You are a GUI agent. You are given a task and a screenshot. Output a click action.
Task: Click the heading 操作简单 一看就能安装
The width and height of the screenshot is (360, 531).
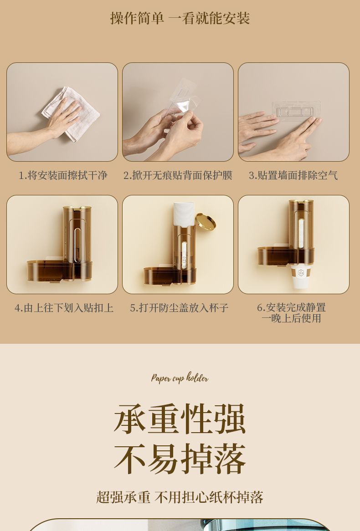(180, 18)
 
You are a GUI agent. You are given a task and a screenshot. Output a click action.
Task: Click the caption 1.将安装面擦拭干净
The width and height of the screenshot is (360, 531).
(63, 175)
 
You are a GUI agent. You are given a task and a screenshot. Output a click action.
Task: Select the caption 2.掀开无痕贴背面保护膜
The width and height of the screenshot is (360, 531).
(178, 175)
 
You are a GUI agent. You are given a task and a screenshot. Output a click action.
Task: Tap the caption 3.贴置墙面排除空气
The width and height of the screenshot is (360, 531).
(293, 175)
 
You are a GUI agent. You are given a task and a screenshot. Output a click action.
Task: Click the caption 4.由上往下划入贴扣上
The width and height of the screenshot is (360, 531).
(64, 308)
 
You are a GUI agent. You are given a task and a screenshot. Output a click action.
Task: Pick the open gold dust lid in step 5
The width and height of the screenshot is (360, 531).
(206, 221)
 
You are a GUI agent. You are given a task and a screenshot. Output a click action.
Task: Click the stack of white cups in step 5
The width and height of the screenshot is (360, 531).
(184, 214)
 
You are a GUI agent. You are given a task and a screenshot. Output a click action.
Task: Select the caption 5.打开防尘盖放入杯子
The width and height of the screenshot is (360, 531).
(180, 308)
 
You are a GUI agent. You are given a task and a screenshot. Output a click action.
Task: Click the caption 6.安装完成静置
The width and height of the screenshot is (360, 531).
(291, 307)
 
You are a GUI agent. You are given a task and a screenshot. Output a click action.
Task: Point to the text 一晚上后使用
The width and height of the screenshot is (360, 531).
(291, 318)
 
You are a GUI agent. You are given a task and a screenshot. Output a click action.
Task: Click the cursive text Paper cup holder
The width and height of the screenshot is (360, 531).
(180, 378)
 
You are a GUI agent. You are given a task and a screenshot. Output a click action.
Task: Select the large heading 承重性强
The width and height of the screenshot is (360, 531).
(180, 419)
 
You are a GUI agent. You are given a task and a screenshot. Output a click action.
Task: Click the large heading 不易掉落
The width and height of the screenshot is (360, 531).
(180, 459)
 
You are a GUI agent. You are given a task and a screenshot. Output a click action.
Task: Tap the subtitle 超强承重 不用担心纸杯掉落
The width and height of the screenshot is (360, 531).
(180, 497)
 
